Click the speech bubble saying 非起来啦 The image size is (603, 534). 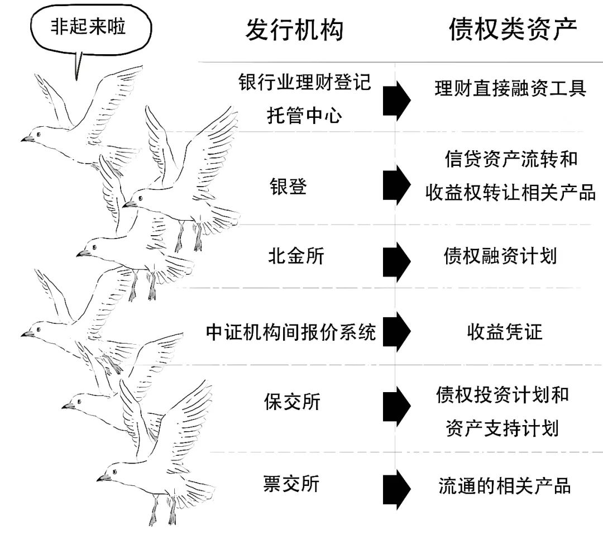88,28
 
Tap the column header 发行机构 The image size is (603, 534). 294,29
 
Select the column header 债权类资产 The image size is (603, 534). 513,29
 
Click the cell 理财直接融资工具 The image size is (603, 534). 510,89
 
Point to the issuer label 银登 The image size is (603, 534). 288,187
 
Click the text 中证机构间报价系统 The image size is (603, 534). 291,332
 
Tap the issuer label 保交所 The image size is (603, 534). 292,402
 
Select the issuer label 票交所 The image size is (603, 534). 291,483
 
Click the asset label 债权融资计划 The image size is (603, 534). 500,256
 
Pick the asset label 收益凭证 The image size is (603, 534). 504,332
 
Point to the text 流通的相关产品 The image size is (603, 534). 504,485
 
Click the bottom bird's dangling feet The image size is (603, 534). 163,511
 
